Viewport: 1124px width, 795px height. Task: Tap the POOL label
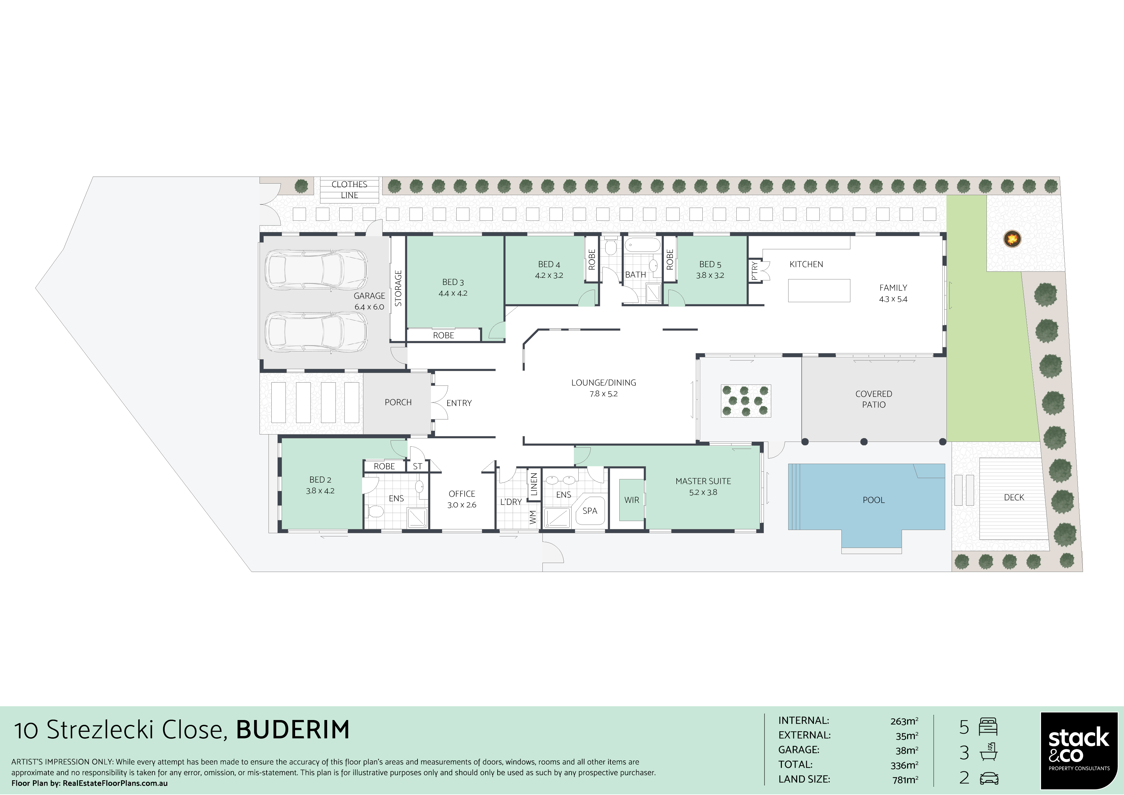[x=873, y=500]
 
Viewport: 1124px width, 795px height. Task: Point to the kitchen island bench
[x=819, y=290]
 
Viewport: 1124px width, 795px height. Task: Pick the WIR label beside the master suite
[x=632, y=500]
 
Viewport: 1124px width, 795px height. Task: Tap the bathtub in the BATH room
[x=642, y=245]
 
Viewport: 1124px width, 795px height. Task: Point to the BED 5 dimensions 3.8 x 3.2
[x=710, y=275]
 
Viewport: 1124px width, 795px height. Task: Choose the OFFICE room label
[x=462, y=494]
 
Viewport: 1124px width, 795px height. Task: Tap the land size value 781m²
[x=905, y=779]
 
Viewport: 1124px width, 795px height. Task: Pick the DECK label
[x=1014, y=497]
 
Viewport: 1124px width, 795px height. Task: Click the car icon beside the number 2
[x=989, y=778]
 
